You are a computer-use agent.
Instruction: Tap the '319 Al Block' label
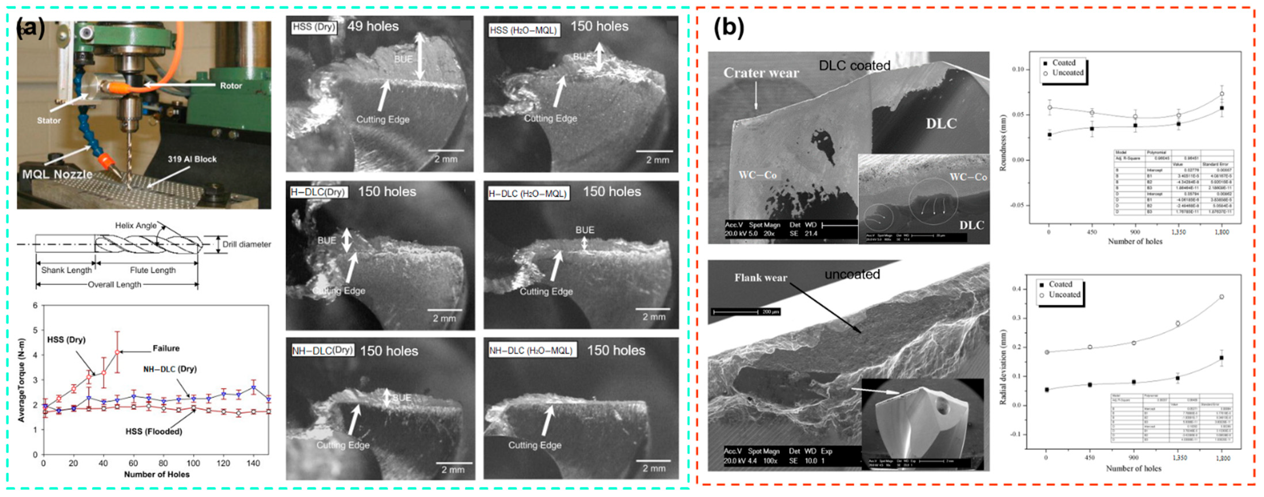click(x=192, y=159)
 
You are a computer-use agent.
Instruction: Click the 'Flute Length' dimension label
click(x=152, y=270)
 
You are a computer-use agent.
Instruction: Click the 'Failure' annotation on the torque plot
click(x=166, y=348)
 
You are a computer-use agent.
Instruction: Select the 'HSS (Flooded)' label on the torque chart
click(x=154, y=431)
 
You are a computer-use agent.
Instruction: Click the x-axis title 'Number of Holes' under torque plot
click(x=157, y=474)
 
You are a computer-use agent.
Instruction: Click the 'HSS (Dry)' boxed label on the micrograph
click(x=314, y=27)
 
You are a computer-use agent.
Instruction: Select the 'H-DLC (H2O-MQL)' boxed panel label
click(x=527, y=194)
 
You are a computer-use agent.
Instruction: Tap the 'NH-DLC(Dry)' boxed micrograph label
click(x=322, y=350)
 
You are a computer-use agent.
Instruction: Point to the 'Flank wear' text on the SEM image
click(x=760, y=278)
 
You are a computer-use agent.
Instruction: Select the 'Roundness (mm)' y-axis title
click(x=1003, y=142)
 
